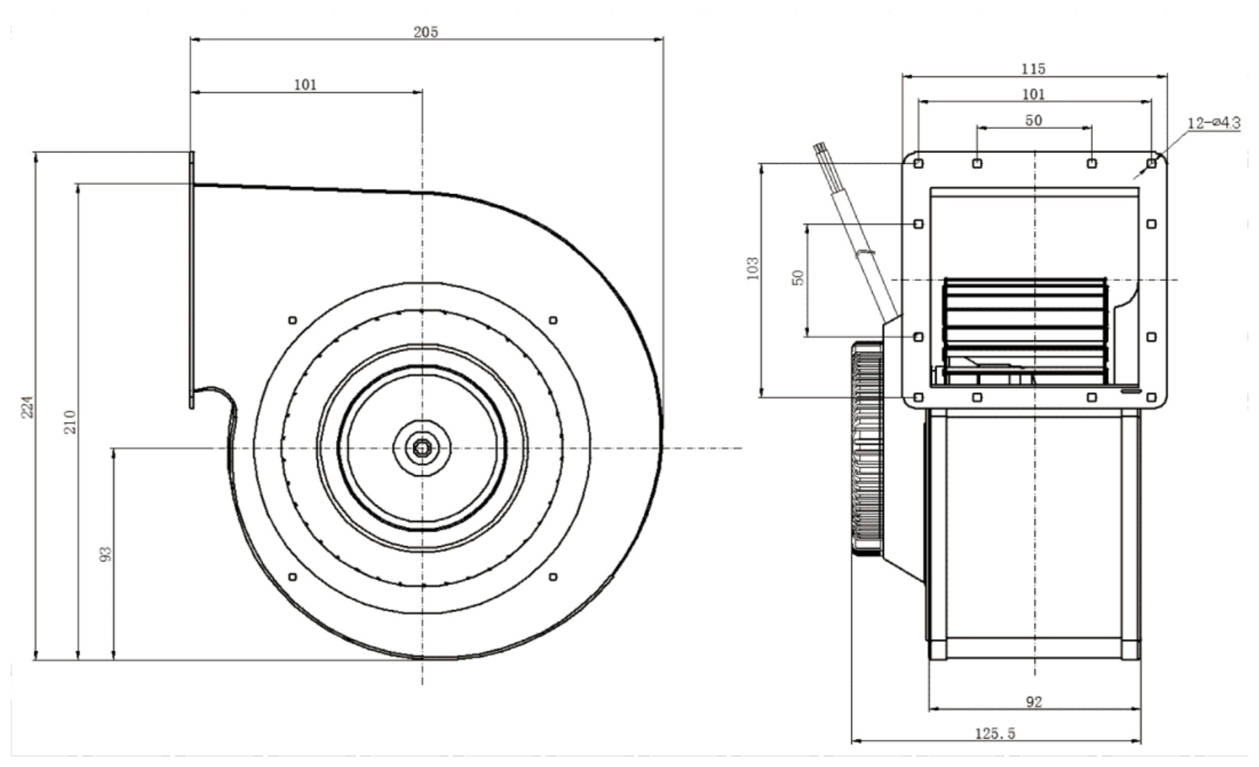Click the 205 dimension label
point(425,32)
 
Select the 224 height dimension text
point(27,407)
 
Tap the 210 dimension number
point(70,421)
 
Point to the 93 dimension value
point(106,554)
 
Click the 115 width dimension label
point(1033,69)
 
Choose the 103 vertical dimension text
point(753,268)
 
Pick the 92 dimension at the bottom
point(1034,701)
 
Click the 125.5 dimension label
point(995,733)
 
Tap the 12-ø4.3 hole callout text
point(1214,123)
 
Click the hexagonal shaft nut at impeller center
point(422,448)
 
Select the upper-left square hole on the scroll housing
point(293,321)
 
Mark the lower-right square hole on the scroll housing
point(553,577)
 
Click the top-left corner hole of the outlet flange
point(918,164)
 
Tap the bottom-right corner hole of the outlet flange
point(1152,398)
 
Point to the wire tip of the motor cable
point(819,148)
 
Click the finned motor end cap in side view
point(867,449)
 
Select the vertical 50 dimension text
point(798,277)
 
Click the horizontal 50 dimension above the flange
point(1033,120)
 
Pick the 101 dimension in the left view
point(305,85)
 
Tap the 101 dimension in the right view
point(1033,94)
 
